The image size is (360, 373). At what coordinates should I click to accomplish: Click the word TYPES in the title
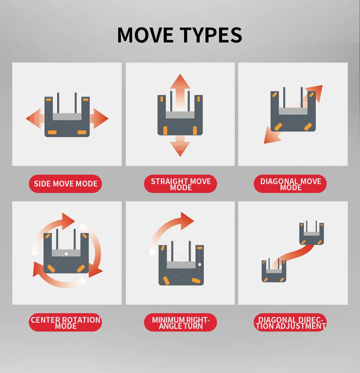point(211,35)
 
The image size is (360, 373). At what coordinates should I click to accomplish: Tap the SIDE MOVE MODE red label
point(66,184)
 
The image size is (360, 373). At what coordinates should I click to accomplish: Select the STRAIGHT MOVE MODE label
point(181,184)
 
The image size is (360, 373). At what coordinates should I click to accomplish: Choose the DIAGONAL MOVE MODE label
point(290,184)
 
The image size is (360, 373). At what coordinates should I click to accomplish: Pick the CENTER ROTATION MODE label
point(66,323)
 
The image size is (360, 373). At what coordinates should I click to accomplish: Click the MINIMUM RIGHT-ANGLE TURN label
point(181,323)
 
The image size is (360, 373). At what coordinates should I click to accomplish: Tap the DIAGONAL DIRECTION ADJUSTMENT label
point(290,323)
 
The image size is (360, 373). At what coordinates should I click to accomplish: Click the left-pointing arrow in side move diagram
point(34,119)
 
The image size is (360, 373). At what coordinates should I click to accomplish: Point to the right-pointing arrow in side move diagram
point(100,119)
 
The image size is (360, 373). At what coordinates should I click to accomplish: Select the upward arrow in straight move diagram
point(180,83)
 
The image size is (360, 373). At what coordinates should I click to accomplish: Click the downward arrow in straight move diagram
point(180,147)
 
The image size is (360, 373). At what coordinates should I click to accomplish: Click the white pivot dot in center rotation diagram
point(66,254)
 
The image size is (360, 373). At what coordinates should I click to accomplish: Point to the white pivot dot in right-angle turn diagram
point(200,264)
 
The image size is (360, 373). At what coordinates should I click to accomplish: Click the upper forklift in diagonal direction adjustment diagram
point(311,233)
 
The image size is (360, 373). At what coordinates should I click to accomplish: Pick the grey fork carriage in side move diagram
point(67,117)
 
